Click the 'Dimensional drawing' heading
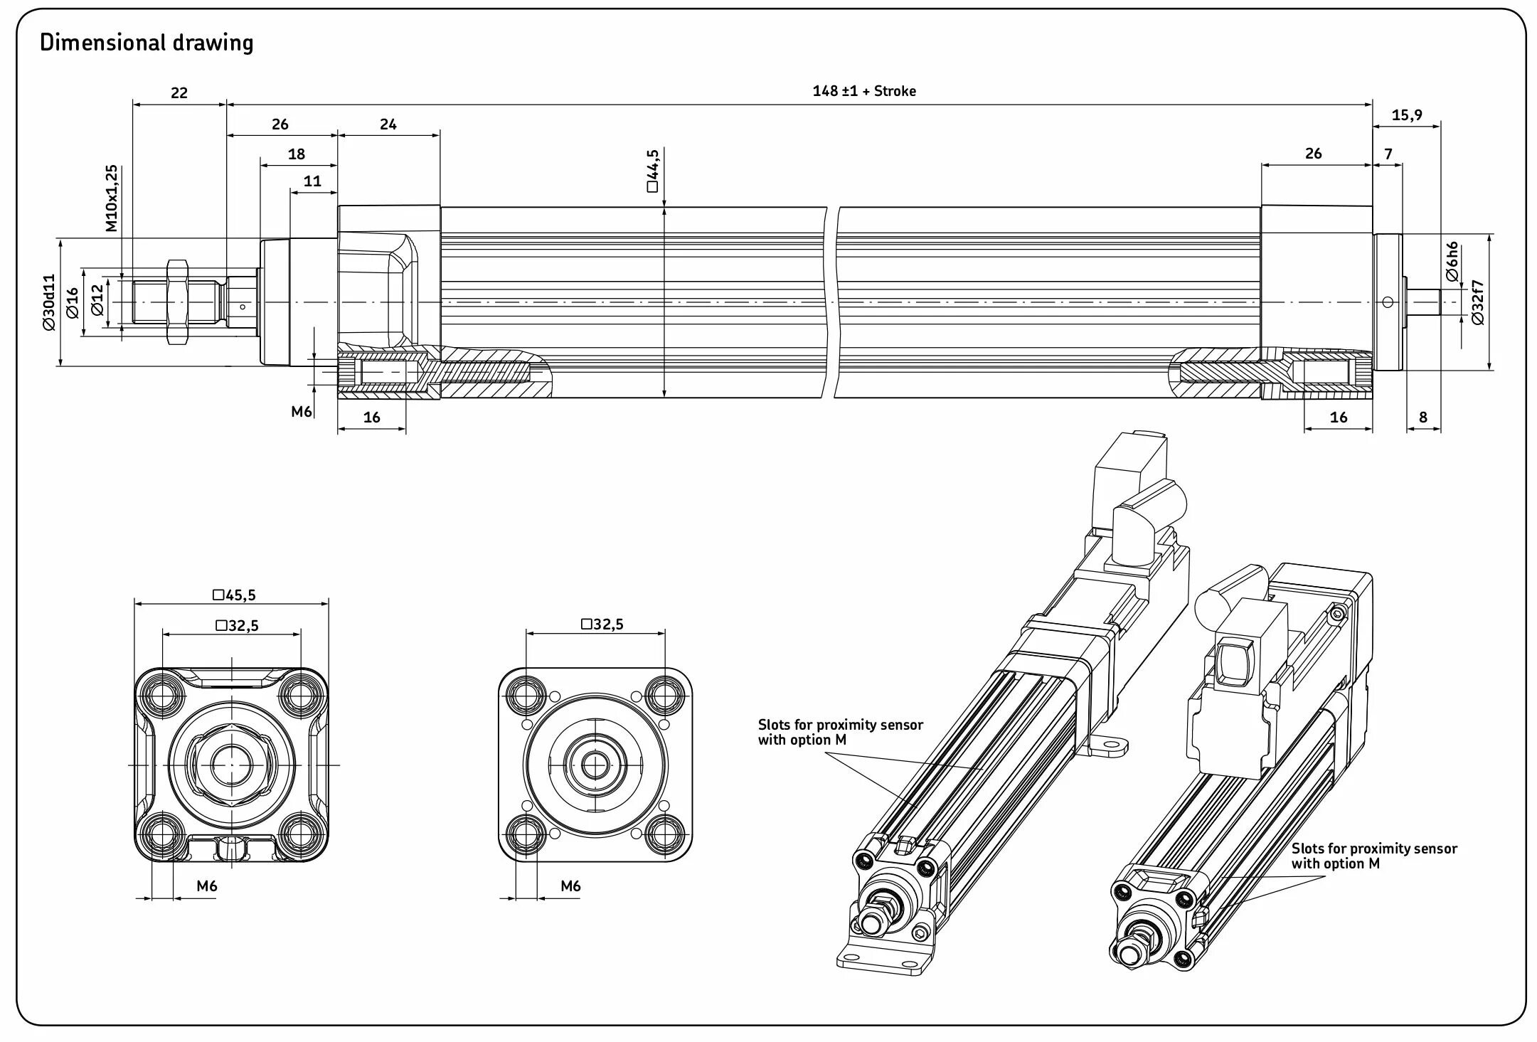coord(147,43)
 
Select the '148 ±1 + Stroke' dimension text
coord(863,91)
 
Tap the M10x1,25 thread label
coord(112,198)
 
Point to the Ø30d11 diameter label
coord(48,302)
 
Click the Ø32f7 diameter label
coord(1477,302)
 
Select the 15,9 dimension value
coord(1406,115)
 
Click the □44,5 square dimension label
coord(652,171)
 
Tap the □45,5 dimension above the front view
coord(234,595)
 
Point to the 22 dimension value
coord(179,93)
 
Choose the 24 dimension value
coord(388,124)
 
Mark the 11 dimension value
coord(312,181)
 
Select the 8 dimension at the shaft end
coord(1422,418)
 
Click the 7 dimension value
coord(1388,154)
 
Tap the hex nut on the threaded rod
coord(176,302)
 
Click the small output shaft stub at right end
coord(1425,302)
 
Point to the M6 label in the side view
coord(302,411)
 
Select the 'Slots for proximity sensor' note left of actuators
coord(840,732)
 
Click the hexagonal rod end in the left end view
coord(232,765)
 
